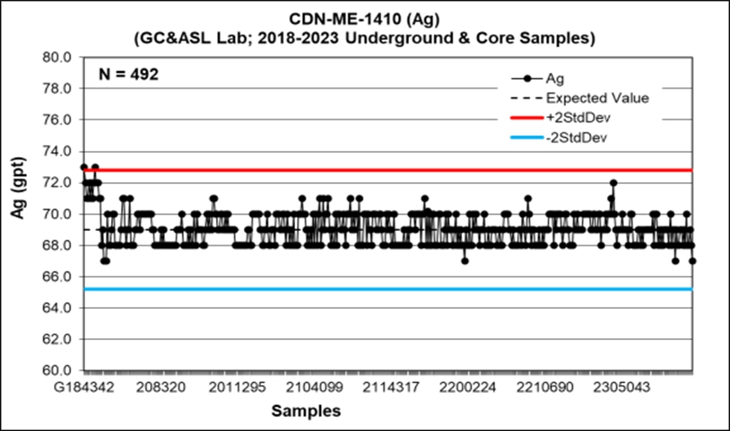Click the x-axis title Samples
point(305,410)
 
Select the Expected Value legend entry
point(597,98)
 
